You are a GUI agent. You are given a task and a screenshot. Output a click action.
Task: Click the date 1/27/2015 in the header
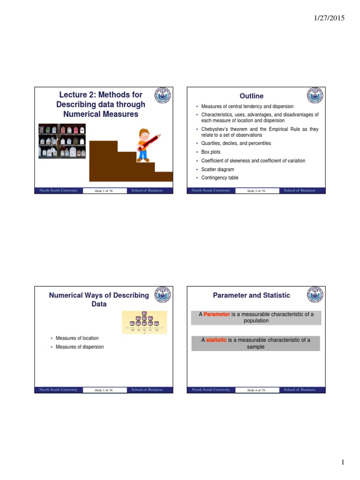pos(329,18)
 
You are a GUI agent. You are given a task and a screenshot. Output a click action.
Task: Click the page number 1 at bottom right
pos(343,462)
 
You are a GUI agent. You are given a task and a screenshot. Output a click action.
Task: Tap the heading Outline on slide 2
pos(251,96)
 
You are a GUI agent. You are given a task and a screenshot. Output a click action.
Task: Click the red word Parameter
pos(217,314)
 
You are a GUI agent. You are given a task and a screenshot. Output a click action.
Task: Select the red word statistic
pos(216,340)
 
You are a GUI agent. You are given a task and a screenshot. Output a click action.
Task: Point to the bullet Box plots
pos(210,152)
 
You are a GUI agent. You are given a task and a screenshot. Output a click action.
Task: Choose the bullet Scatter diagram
pos(217,169)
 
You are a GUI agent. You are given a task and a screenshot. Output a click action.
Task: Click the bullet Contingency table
pos(219,178)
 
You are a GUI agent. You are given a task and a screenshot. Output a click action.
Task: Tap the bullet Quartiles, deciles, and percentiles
pos(236,143)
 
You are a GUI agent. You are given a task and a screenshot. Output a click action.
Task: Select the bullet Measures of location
pos(77,338)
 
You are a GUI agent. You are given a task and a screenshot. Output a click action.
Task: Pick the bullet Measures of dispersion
pos(80,347)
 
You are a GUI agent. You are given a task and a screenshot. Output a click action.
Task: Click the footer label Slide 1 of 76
pos(104,191)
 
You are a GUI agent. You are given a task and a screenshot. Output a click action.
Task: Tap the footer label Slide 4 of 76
pos(256,390)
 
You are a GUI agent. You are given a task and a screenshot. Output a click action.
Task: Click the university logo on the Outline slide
pos(315,96)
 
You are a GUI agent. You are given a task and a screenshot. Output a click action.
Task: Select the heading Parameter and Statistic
pos(251,295)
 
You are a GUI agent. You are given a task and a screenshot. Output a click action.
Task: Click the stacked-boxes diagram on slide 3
pos(144,322)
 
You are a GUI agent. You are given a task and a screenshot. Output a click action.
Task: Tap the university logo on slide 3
pos(162,295)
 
